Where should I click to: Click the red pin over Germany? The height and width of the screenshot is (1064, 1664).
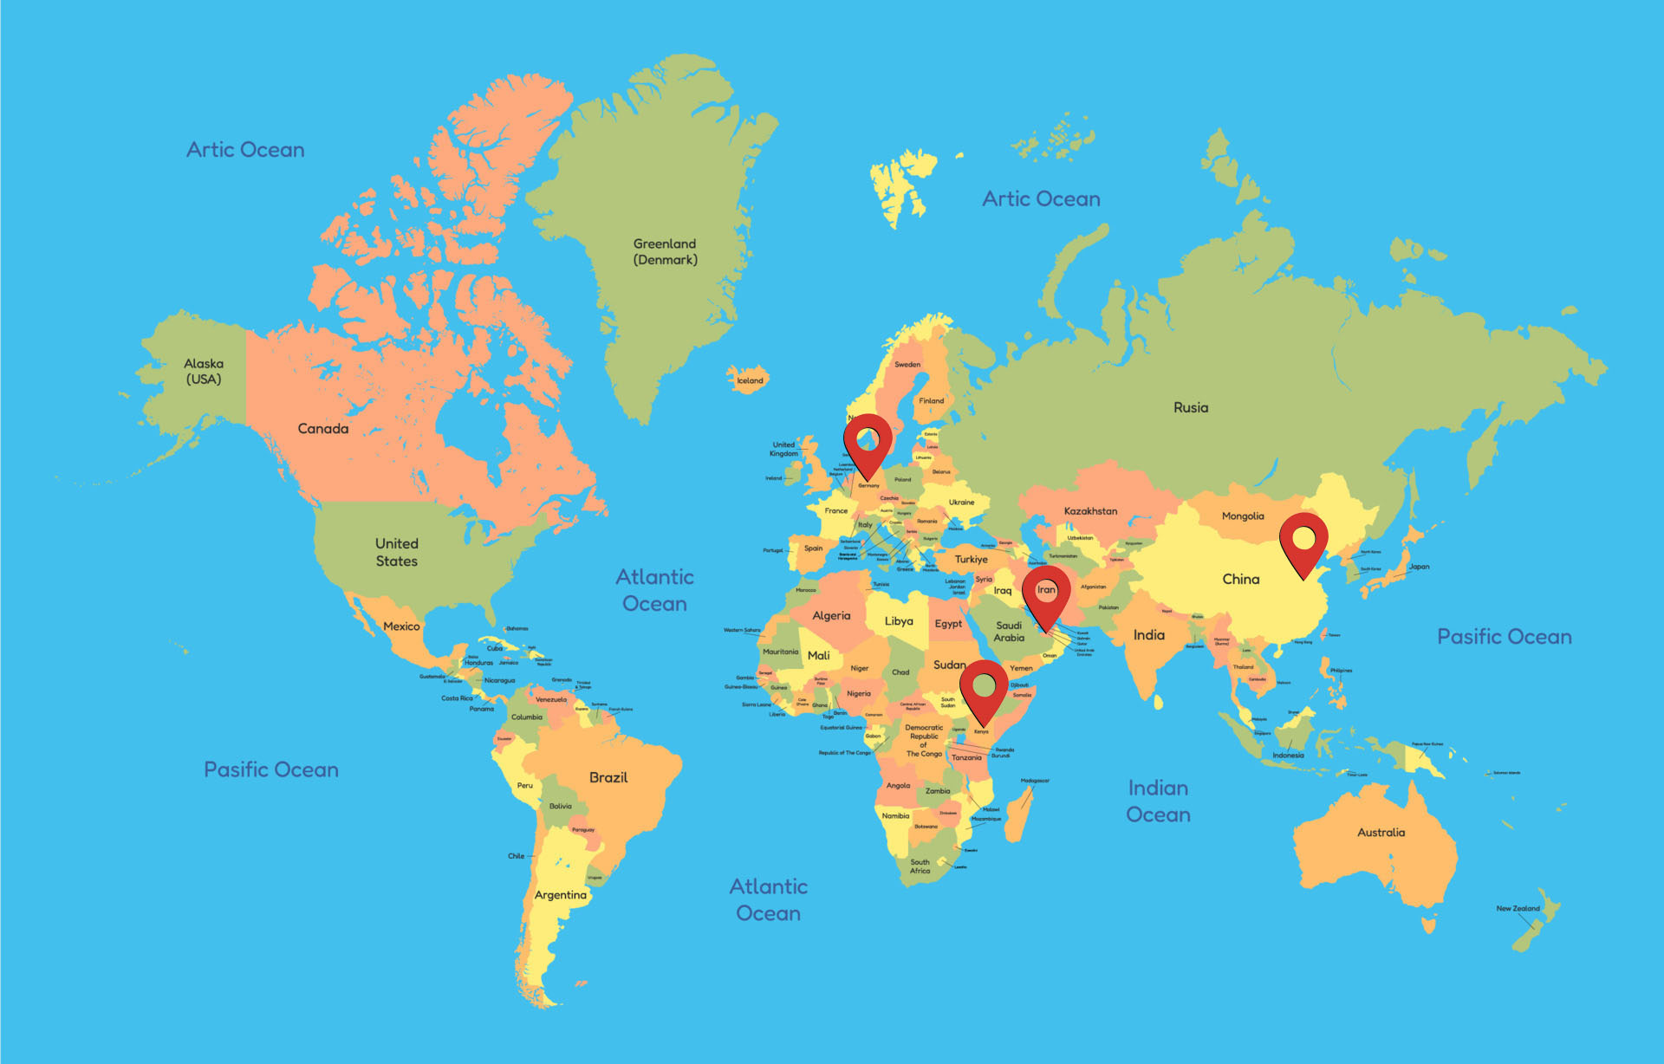click(868, 442)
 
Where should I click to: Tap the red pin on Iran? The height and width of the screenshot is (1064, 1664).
click(1046, 593)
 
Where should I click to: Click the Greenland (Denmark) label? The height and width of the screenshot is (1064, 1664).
click(665, 252)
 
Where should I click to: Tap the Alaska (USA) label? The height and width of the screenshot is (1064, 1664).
click(204, 372)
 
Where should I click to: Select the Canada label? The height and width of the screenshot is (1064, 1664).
click(323, 429)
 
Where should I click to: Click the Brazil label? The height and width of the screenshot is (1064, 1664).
click(608, 778)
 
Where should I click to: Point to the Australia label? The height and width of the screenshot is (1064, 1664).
click(1381, 833)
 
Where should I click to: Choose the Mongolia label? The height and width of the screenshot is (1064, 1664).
click(1243, 516)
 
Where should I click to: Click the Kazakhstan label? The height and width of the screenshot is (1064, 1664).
click(1090, 511)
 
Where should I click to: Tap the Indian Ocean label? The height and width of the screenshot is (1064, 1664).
click(1158, 801)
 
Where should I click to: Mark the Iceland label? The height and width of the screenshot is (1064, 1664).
click(750, 380)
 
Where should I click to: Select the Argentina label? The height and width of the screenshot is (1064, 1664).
click(561, 895)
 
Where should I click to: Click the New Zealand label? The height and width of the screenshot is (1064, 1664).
click(1518, 909)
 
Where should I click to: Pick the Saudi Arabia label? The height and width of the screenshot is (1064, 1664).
click(1009, 632)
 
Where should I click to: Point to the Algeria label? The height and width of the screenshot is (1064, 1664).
click(831, 616)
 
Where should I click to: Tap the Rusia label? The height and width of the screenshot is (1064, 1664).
click(1191, 408)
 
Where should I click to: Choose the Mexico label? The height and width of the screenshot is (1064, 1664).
click(401, 626)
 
